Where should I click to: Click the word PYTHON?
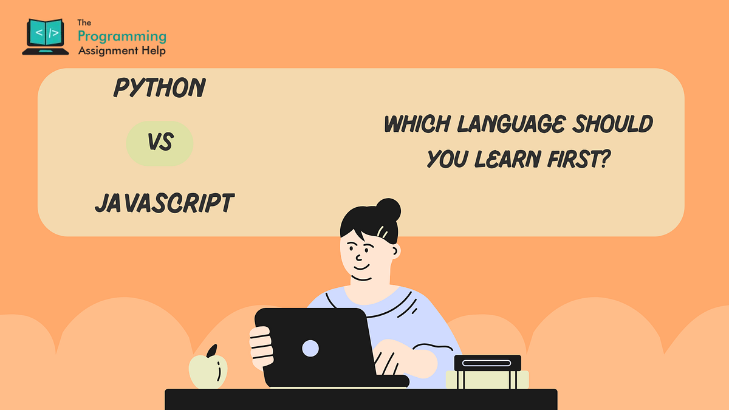click(160, 89)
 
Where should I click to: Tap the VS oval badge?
click(160, 143)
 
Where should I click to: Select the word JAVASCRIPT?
click(164, 203)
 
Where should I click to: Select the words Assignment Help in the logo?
click(122, 51)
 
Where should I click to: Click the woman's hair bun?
click(387, 210)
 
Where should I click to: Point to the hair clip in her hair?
click(383, 232)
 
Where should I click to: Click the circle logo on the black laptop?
click(310, 348)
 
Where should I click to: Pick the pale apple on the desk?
click(208, 370)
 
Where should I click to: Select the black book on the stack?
click(487, 363)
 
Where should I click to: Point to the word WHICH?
click(417, 125)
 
